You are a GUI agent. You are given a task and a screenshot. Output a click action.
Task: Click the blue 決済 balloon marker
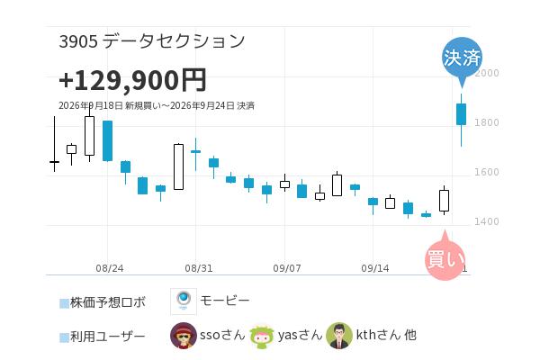pos(462,58)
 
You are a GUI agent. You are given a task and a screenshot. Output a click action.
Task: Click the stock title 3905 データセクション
pos(152,41)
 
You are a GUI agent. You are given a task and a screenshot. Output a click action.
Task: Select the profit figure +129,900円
pos(132,80)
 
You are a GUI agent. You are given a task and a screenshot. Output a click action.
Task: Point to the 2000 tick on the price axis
pos(487,73)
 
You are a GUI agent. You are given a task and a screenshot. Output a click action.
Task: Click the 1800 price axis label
pos(487,122)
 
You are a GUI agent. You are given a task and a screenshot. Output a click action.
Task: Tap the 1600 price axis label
pos(487,172)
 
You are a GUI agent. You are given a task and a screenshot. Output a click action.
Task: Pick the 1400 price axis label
pos(487,221)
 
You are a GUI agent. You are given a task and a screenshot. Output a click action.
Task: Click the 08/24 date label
pos(110,268)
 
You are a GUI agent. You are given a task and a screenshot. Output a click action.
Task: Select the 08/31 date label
pos(199,268)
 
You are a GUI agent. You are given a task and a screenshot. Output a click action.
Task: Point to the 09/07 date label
pos(287,268)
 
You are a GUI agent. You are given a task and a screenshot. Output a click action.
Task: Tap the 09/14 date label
pos(375,268)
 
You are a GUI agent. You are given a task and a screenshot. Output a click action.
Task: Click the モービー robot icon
pos(184,301)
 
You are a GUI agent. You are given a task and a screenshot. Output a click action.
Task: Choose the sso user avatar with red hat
pos(184,336)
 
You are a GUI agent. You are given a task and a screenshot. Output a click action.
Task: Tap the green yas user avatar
pos(262,336)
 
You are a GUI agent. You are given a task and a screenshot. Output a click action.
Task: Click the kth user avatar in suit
pos(339,336)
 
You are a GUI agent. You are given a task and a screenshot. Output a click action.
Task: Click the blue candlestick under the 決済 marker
pos(461,114)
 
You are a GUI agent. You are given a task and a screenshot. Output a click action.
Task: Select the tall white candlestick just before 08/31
pos(178,166)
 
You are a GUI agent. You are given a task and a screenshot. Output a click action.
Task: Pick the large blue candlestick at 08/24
pos(107,140)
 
